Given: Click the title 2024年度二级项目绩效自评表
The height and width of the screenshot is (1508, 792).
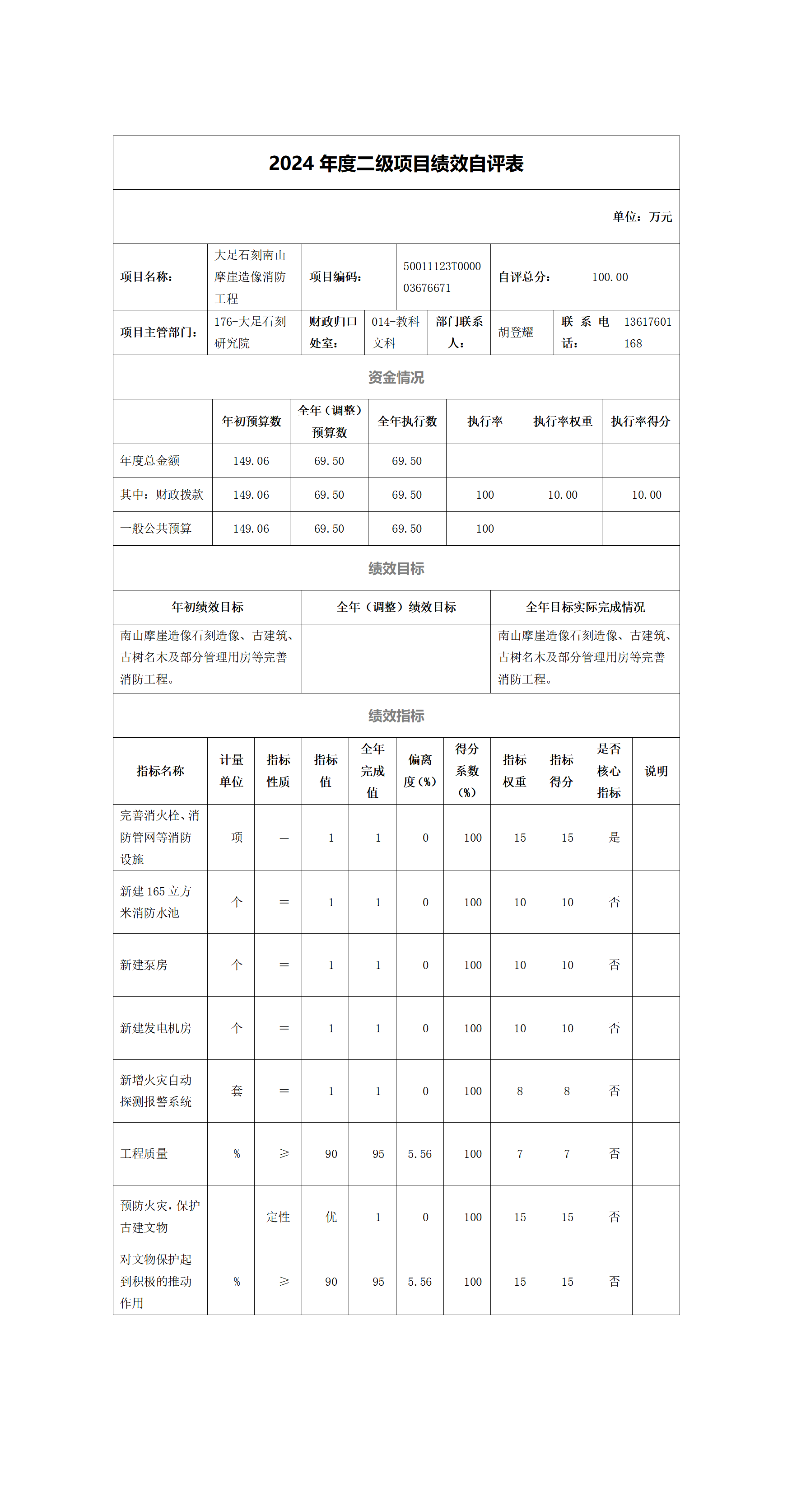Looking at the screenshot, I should [x=396, y=164].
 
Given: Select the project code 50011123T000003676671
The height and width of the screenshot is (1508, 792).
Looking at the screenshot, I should [x=442, y=277].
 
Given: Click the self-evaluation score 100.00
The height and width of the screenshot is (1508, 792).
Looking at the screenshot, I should [x=610, y=277].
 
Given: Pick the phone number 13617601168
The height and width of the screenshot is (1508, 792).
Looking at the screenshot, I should [x=647, y=333].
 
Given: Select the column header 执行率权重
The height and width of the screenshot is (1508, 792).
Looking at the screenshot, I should [x=562, y=421].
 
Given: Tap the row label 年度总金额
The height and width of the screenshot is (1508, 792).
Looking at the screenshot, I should [x=150, y=461].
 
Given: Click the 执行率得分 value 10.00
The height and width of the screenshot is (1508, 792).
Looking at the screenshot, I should [x=646, y=495].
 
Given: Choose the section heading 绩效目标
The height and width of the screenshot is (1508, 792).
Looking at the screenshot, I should [x=396, y=568].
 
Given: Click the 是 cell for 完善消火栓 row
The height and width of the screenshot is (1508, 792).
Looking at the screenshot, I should [x=614, y=837].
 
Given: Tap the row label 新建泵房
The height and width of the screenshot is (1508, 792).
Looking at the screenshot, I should [x=144, y=965].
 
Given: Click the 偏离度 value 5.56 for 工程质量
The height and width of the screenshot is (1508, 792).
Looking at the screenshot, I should [x=419, y=1154].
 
